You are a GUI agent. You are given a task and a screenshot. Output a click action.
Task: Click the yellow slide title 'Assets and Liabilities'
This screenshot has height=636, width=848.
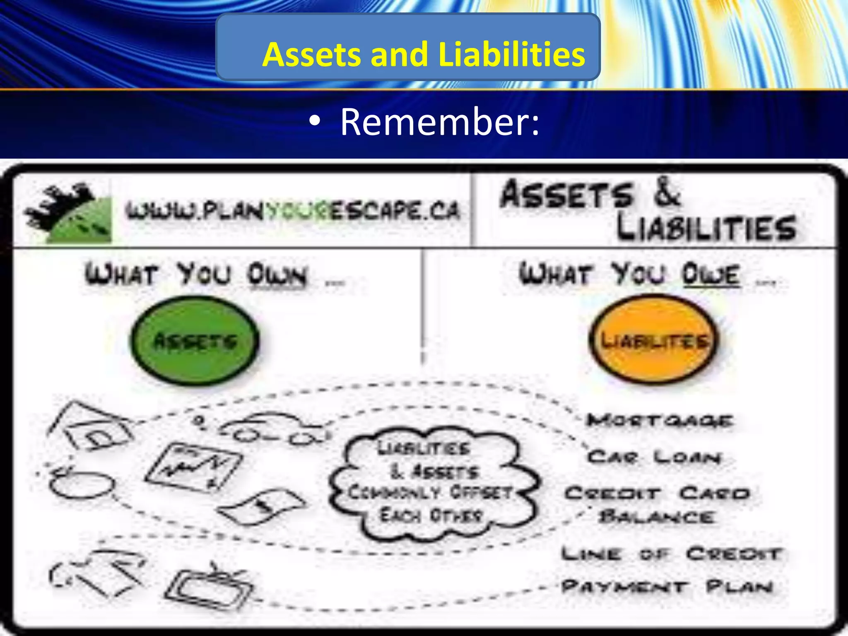tap(423, 54)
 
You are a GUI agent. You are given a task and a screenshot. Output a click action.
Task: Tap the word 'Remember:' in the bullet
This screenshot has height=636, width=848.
tap(439, 122)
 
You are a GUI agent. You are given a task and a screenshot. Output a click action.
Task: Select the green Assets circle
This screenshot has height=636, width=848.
tap(195, 341)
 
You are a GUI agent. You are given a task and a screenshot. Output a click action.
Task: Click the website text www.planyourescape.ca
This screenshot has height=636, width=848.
tap(293, 211)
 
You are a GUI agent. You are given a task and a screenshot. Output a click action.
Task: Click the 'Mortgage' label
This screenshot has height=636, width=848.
tap(659, 421)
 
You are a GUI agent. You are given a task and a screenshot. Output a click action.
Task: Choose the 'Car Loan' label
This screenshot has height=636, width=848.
tap(654, 457)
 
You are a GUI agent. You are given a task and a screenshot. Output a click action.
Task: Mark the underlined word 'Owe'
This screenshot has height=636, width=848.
tap(711, 274)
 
